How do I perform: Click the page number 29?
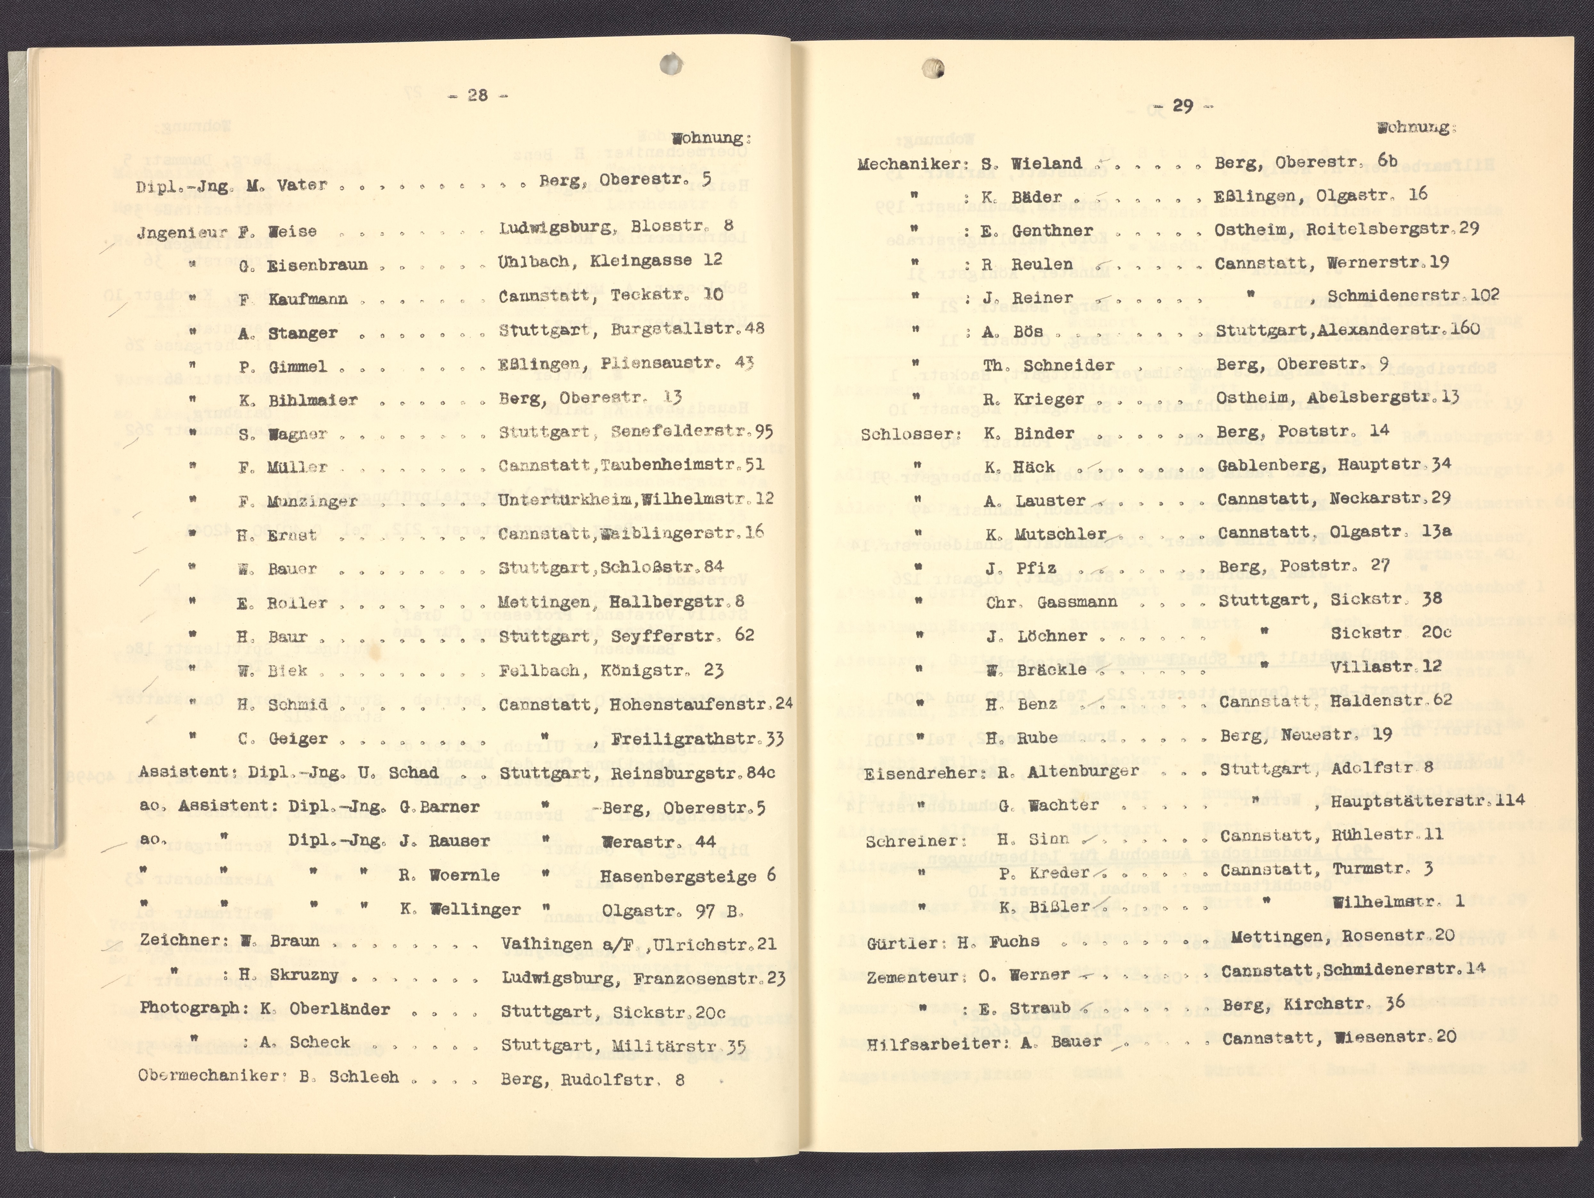(1183, 106)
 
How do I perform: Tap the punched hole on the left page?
(671, 63)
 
